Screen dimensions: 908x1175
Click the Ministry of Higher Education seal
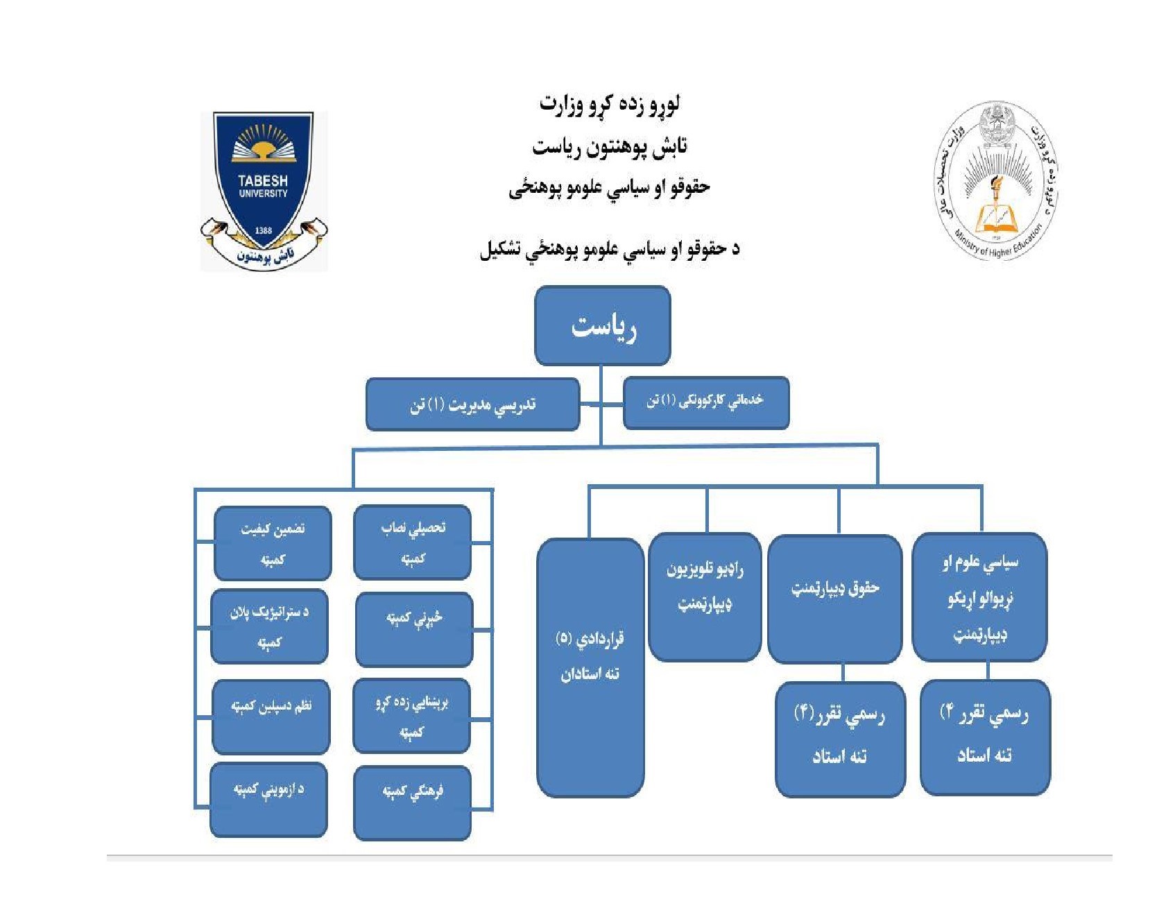click(x=997, y=181)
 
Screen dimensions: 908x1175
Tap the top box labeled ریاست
click(x=602, y=326)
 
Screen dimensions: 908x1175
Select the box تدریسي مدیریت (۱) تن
click(x=472, y=404)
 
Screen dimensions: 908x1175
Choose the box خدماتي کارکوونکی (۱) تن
click(x=705, y=402)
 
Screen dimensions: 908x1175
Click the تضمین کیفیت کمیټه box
click(x=273, y=543)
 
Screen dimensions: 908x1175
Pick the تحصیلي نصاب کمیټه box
click(x=413, y=542)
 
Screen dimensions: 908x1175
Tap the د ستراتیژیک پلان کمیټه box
click(x=269, y=626)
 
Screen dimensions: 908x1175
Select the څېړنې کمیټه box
click(x=414, y=629)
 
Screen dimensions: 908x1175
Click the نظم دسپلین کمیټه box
click(x=271, y=717)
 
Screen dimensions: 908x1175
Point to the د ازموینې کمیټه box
click(x=268, y=800)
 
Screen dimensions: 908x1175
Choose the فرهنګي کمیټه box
click(x=413, y=803)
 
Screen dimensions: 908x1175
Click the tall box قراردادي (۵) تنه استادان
click(x=590, y=667)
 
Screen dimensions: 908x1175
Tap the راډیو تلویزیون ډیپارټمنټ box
click(x=705, y=597)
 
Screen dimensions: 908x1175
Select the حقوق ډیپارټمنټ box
click(x=835, y=598)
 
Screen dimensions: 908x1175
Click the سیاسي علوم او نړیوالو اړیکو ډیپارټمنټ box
click(x=979, y=597)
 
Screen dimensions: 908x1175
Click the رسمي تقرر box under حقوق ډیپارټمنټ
click(x=840, y=739)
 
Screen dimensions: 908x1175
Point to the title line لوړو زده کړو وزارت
click(x=609, y=105)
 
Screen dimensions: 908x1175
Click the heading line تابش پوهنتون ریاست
click(x=609, y=146)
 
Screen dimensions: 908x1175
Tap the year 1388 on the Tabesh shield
click(x=264, y=230)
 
